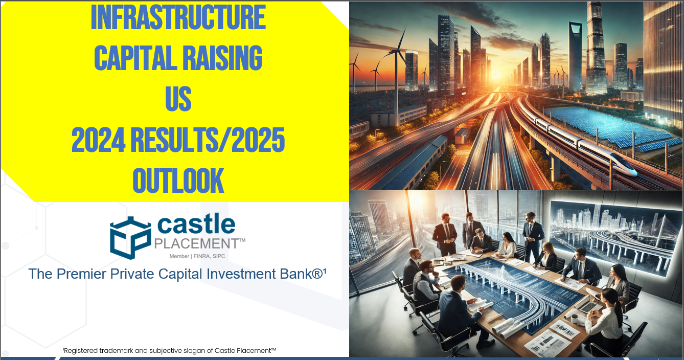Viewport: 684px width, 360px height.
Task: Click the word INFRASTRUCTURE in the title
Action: pos(178,18)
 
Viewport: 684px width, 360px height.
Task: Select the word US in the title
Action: pos(178,98)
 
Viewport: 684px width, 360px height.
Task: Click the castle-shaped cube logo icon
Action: pos(130,238)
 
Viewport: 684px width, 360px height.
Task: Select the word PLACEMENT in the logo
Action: pos(196,243)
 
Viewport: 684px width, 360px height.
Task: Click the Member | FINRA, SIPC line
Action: pos(197,256)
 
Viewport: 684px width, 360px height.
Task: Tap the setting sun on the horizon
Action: pos(495,75)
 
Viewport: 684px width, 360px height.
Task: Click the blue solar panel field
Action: pos(608,127)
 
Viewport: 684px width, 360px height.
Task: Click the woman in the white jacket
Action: pos(508,246)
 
